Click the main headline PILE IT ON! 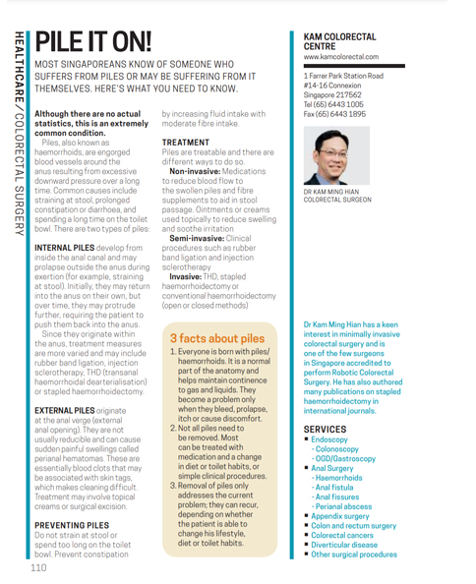[x=93, y=40]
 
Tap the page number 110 [x=39, y=567]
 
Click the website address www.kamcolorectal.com [x=344, y=56]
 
